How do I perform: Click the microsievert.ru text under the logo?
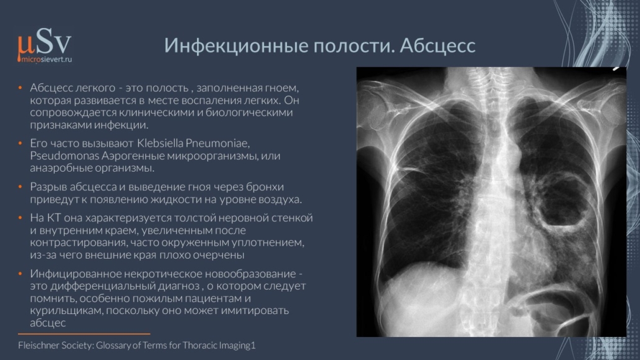click(46, 60)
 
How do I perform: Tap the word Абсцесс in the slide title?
click(437, 46)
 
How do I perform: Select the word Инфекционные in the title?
click(236, 46)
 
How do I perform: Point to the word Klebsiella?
click(160, 144)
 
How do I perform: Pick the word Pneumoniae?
click(217, 144)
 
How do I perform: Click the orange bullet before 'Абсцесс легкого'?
click(20, 88)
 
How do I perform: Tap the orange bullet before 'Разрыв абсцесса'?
click(20, 187)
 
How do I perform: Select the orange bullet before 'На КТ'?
click(20, 218)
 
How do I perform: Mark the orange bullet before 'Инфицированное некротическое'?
click(20, 274)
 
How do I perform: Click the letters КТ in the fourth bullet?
click(54, 218)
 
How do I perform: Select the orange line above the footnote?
click(84, 334)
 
